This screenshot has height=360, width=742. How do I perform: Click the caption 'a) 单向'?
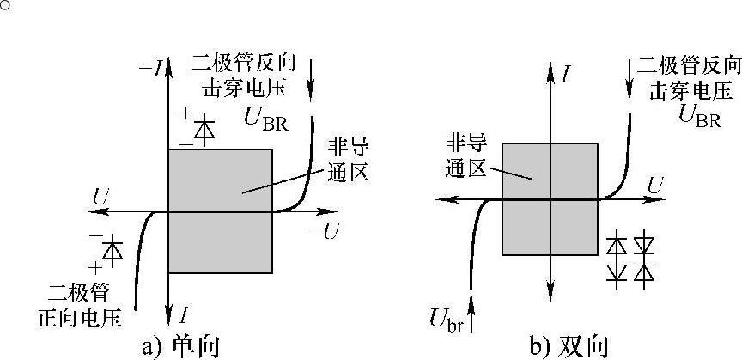[x=180, y=345]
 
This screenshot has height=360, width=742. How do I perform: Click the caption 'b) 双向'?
[x=569, y=345]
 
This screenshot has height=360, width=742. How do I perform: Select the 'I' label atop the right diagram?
[x=566, y=74]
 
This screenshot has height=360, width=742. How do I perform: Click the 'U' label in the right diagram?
[x=656, y=185]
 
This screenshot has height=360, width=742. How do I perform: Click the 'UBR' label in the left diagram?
[x=266, y=118]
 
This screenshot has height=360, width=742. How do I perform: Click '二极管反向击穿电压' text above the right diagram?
[x=687, y=77]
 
